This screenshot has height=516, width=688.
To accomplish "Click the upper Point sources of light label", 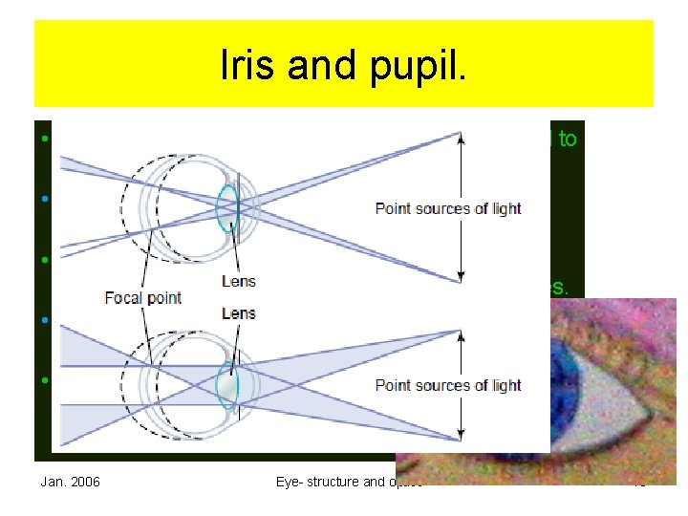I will (x=447, y=208).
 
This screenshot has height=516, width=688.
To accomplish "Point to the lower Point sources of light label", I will (x=447, y=385).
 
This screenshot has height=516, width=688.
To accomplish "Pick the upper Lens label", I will (x=238, y=282).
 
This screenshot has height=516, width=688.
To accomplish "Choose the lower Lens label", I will (x=238, y=313).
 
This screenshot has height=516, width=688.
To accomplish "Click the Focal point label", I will (x=143, y=297).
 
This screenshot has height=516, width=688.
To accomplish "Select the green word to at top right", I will (x=567, y=139).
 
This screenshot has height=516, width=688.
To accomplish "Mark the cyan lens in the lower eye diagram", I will (x=226, y=383).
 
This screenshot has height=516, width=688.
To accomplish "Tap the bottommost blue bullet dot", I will (x=44, y=379).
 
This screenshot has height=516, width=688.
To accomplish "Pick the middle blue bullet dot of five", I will (x=44, y=259).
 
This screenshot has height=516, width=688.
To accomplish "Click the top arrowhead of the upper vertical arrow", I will (x=462, y=137).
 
